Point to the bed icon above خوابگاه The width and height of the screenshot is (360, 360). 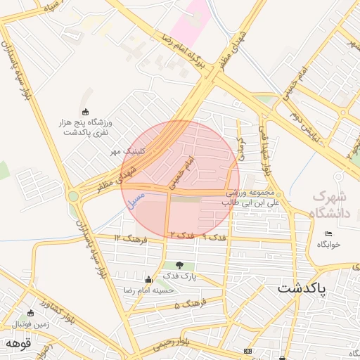pyautogui.click(x=328, y=234)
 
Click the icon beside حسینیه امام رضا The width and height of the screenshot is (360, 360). pyautogui.click(x=148, y=280)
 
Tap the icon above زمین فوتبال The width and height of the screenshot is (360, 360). pyautogui.click(x=30, y=314)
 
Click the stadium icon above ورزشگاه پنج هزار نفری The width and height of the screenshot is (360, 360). pyautogui.click(x=86, y=112)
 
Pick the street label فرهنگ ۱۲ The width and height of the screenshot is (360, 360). pyautogui.click(x=128, y=239)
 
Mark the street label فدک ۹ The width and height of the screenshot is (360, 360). pyautogui.click(x=214, y=238)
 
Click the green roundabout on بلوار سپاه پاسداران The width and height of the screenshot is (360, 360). pyautogui.click(x=74, y=196)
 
